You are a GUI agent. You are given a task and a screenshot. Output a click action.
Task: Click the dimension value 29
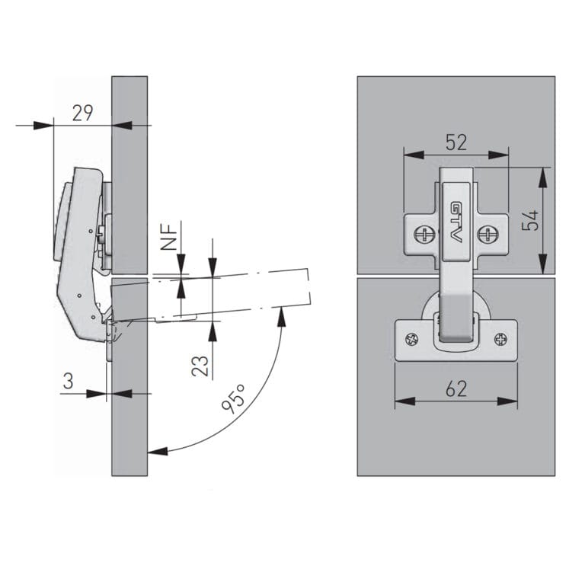82,113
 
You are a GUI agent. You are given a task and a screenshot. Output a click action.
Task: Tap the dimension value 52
456,142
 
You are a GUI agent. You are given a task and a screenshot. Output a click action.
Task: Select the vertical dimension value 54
530,220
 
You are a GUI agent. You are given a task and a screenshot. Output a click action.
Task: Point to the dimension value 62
456,388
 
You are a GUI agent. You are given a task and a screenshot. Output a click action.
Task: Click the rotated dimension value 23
200,366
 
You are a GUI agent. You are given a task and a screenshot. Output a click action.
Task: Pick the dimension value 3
69,382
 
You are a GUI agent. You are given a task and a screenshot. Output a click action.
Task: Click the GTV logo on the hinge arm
456,222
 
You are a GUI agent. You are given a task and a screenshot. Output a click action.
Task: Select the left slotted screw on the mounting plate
424,235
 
